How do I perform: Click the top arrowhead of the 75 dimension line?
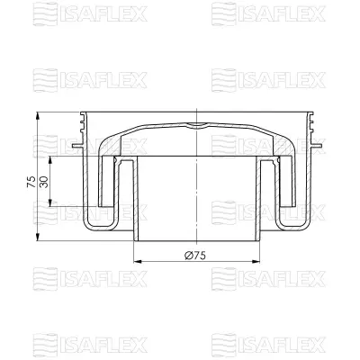[x=39, y=114]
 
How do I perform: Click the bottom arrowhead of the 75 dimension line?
[x=39, y=241]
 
